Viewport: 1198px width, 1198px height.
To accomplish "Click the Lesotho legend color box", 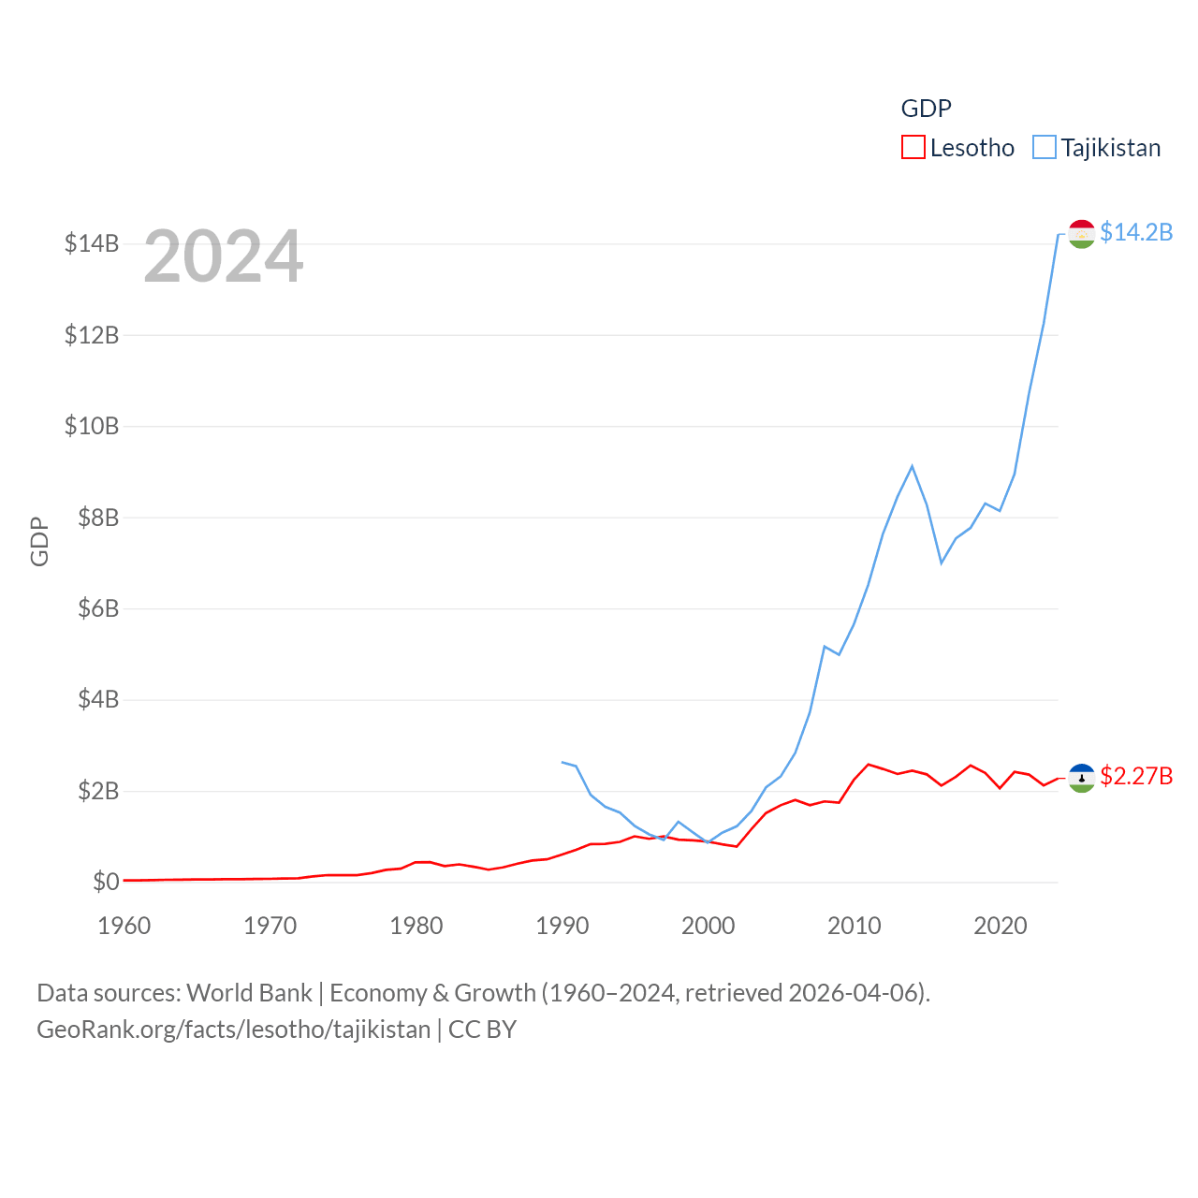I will pos(913,148).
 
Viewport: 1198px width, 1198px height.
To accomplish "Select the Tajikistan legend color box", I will pos(1044,148).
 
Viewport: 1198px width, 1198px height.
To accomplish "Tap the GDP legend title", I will pos(926,109).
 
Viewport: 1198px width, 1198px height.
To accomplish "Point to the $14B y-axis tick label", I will pos(92,243).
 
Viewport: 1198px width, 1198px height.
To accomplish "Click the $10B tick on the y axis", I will pos(92,426).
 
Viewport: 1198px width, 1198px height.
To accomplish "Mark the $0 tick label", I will pos(106,882).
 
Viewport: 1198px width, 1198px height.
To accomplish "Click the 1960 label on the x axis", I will pos(124,926).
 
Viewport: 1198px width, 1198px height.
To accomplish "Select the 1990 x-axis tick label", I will pos(562,926).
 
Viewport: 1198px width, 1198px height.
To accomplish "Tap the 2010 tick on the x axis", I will pos(855,926).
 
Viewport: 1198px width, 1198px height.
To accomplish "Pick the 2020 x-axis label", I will pos(1001,926).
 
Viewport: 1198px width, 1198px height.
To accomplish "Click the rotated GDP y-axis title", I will pos(39,541).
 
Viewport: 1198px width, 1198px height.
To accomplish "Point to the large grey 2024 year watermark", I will pos(224,256).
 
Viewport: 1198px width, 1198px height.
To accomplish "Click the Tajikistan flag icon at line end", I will pos(1082,234).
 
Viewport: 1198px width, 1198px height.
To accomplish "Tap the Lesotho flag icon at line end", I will pos(1082,778).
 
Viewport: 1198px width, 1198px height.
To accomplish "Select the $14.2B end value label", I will pos(1136,232).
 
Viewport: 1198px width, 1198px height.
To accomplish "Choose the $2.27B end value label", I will pos(1136,776).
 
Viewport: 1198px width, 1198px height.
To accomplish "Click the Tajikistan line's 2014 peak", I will pos(912,466).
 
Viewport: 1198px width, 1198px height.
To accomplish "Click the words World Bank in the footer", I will pos(249,992).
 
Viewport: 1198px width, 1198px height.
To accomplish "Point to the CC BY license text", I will pos(482,1030).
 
